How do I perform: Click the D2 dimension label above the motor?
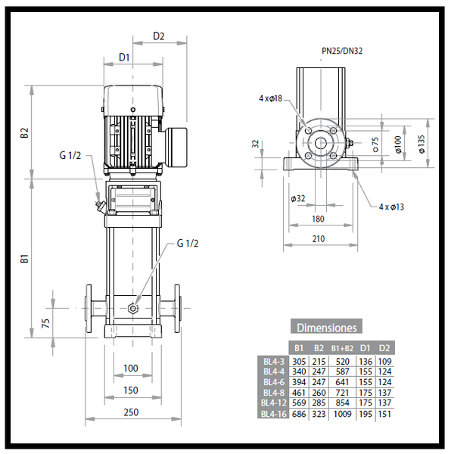click(159, 36)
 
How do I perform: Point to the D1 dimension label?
click(124, 58)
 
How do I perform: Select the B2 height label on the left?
click(25, 133)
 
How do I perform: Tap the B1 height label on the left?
click(25, 259)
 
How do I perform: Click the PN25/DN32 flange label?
click(342, 51)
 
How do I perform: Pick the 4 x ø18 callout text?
click(270, 98)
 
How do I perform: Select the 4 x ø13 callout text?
click(391, 207)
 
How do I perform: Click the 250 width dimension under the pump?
click(131, 412)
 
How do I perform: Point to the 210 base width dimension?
click(319, 239)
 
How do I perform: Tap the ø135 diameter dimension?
click(421, 144)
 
